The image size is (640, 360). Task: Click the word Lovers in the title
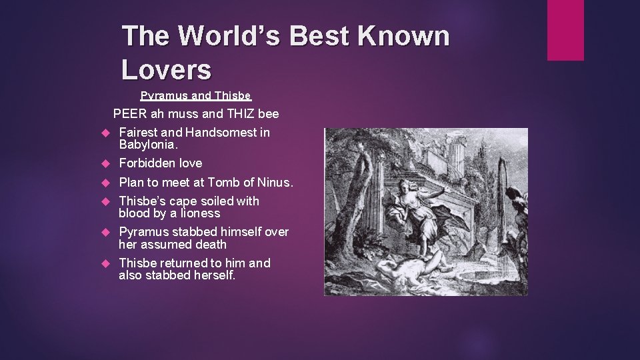[x=167, y=68]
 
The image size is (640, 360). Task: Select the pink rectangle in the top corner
[x=565, y=30]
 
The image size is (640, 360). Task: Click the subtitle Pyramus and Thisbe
[x=195, y=95]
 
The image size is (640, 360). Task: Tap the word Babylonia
[x=148, y=145]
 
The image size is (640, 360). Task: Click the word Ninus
[x=275, y=183]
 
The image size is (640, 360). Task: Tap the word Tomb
[x=223, y=183]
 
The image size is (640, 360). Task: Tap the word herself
[x=213, y=275]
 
